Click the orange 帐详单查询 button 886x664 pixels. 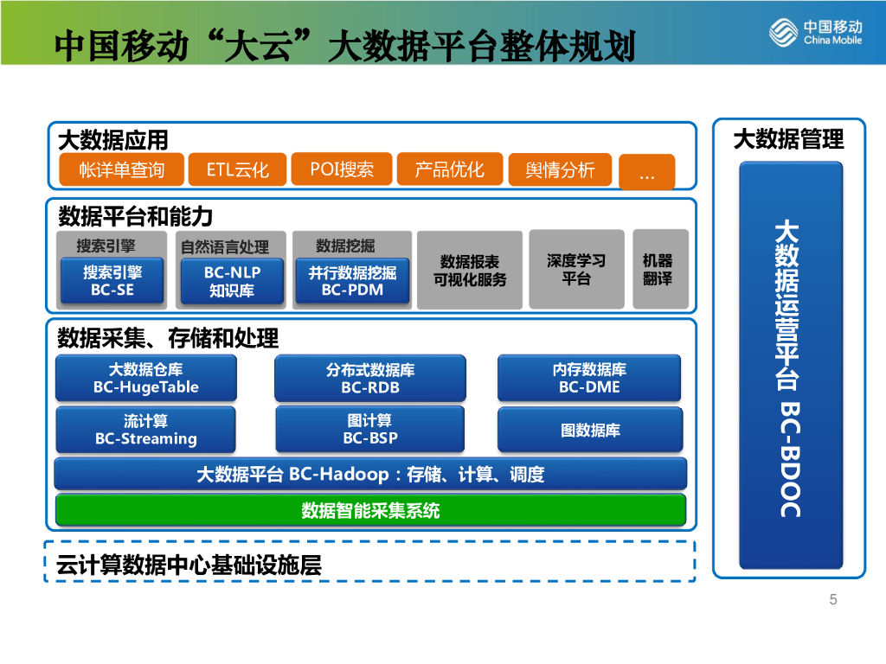[121, 169]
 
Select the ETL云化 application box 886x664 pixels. [237, 169]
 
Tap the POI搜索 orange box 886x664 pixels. [342, 169]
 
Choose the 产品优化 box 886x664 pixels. [449, 169]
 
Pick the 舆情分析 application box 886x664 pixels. [560, 169]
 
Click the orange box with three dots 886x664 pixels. [646, 173]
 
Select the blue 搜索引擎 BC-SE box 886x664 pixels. [112, 281]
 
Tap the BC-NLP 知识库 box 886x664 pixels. [232, 281]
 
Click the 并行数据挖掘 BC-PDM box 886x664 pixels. [352, 281]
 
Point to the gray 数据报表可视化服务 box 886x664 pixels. [470, 270]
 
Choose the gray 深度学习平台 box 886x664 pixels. [576, 269]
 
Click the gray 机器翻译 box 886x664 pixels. [660, 269]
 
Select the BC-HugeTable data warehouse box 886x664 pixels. [145, 378]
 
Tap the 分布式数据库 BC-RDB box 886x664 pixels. [370, 378]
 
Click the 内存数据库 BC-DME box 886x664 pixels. [590, 378]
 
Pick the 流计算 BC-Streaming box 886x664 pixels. [145, 430]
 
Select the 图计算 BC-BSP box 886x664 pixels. [370, 430]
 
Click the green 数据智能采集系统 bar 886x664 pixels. [370, 510]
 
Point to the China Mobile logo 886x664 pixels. [815, 33]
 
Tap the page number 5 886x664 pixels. [833, 600]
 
